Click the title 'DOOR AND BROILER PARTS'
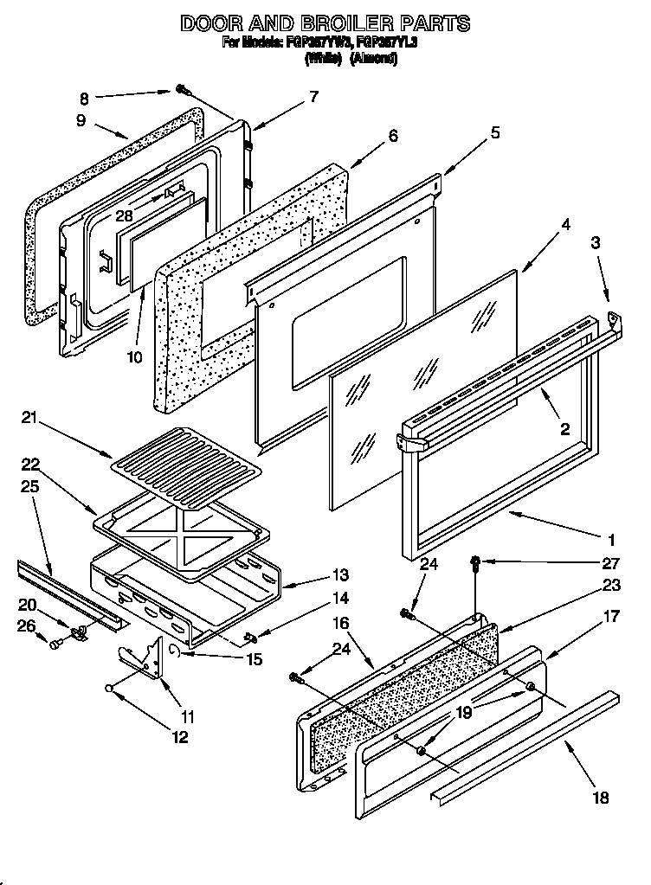pyautogui.click(x=325, y=23)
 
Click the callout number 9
pyautogui.click(x=81, y=121)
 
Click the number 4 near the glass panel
pyautogui.click(x=565, y=223)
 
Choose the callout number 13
pyautogui.click(x=316, y=574)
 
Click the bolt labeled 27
pyautogui.click(x=476, y=562)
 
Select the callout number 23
pyautogui.click(x=611, y=585)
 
